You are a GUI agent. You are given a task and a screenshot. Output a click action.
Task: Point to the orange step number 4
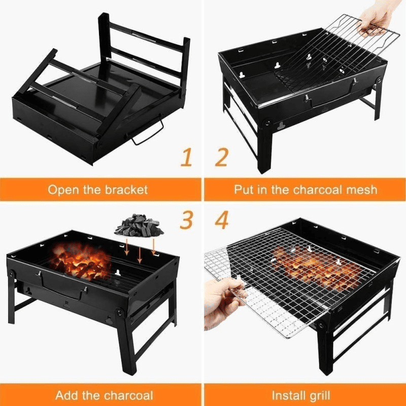click(222, 220)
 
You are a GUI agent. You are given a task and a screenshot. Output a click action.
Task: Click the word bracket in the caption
click(123, 190)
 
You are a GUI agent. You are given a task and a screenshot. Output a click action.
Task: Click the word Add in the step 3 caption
click(67, 395)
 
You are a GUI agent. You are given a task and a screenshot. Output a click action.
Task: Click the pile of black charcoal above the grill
click(138, 226)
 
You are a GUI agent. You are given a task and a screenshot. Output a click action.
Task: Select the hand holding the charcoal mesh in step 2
click(376, 18)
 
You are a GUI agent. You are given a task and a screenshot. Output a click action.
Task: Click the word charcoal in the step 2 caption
click(318, 190)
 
